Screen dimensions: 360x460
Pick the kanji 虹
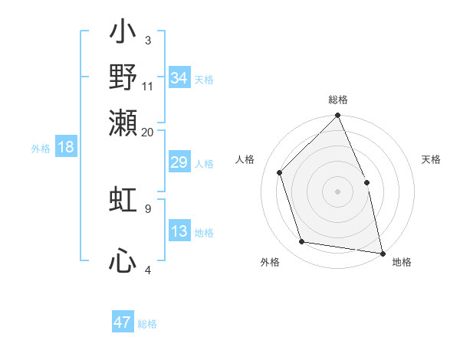[x=123, y=199]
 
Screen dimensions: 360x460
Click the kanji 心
[x=123, y=261]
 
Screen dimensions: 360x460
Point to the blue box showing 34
[x=179, y=78]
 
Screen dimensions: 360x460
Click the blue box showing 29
[x=179, y=163]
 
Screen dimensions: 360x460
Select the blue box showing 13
[x=179, y=232]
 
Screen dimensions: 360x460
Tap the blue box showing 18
[x=66, y=148]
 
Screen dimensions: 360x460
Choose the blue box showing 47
[x=123, y=322]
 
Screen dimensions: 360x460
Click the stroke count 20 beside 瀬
[x=148, y=132]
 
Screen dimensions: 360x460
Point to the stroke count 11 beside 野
[x=148, y=87]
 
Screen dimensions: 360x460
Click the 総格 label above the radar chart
[x=338, y=100]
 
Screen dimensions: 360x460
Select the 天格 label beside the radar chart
[x=431, y=159]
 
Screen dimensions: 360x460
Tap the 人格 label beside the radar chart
[x=245, y=159]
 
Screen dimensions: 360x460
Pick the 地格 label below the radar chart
[x=402, y=262]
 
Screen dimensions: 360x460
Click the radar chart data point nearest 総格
[x=338, y=116]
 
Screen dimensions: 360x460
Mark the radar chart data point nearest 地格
[x=382, y=253]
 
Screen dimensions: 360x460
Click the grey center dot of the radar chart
[x=337, y=191]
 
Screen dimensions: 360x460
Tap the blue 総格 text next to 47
[x=147, y=324]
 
